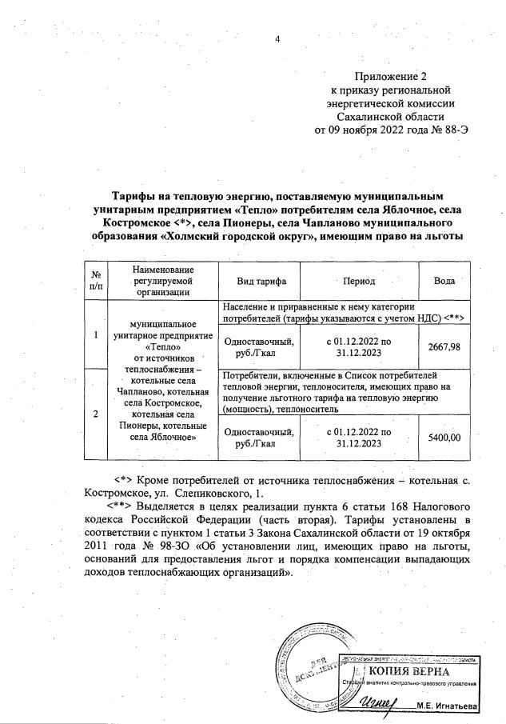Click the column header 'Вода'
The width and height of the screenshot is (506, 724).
pyautogui.click(x=444, y=282)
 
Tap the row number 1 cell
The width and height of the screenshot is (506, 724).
pyautogui.click(x=96, y=334)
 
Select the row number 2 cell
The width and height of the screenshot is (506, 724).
pyautogui.click(x=96, y=414)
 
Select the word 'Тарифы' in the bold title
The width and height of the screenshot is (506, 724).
pyautogui.click(x=136, y=195)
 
